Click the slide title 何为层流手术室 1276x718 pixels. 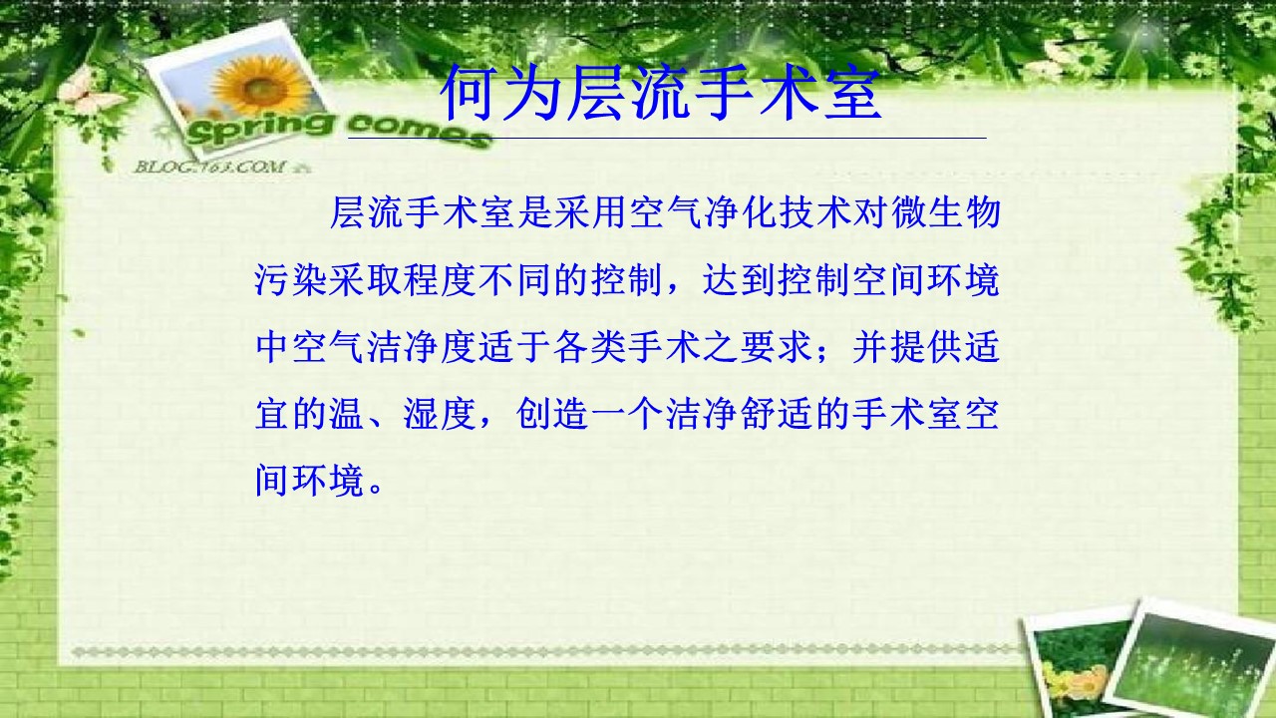(x=661, y=93)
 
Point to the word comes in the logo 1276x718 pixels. (x=419, y=130)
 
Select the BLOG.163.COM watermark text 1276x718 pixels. (x=209, y=167)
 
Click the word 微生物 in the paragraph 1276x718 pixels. (x=946, y=212)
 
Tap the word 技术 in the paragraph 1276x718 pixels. (x=815, y=212)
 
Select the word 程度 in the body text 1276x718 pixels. (x=440, y=280)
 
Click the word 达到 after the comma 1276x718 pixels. (x=739, y=280)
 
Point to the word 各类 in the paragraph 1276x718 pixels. (x=589, y=346)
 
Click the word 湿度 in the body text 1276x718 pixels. (x=440, y=414)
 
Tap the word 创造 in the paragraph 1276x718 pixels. (x=552, y=414)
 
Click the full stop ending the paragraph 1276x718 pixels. (x=376, y=490)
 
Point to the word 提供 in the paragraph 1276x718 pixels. (x=926, y=346)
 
